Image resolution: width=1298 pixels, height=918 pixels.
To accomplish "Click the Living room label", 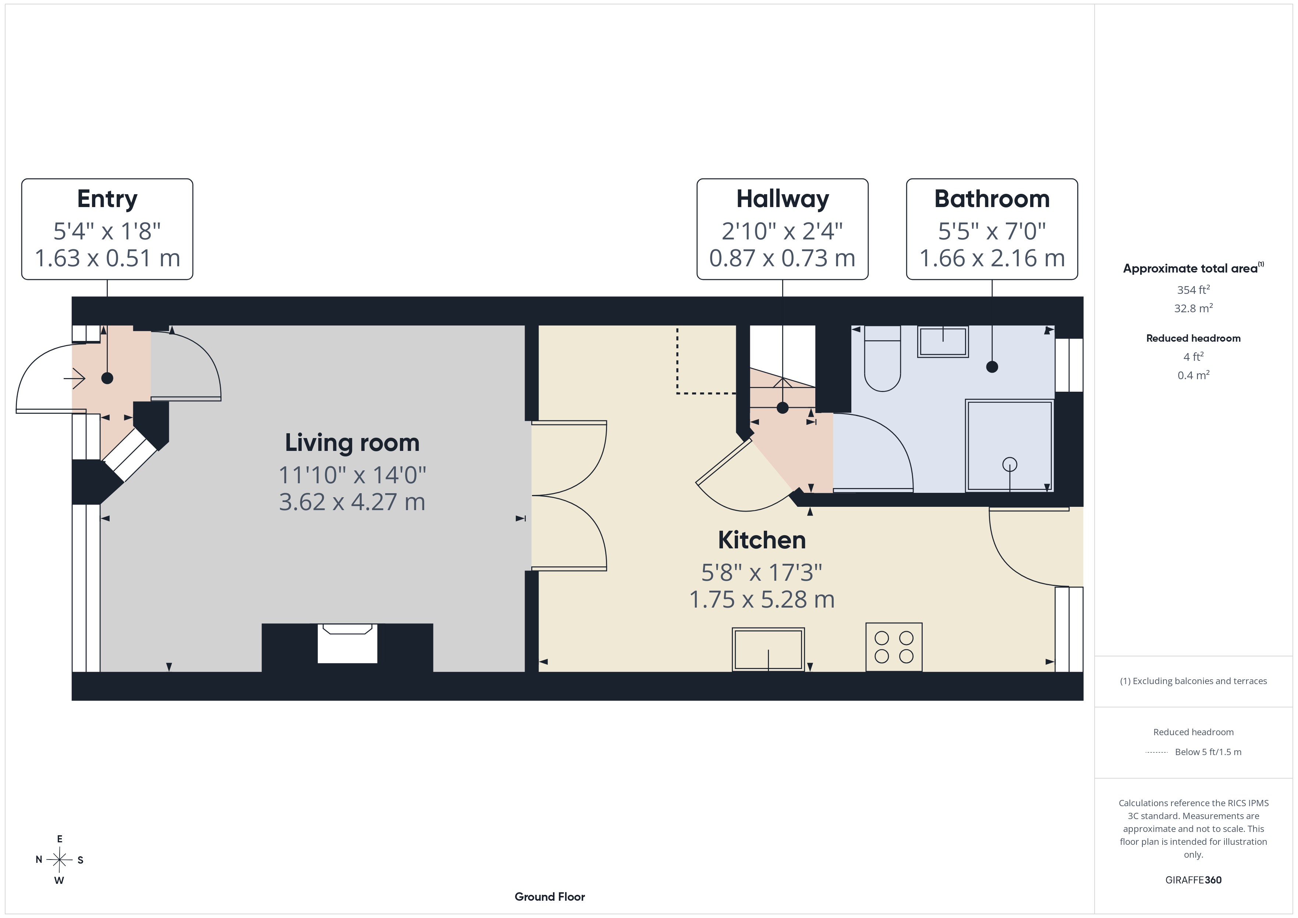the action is tap(352, 442).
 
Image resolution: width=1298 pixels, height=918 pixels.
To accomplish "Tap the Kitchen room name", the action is tap(762, 540).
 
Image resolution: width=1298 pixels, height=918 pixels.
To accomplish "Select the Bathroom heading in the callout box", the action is tap(992, 199).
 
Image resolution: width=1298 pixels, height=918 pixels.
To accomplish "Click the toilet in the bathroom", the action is tap(883, 358).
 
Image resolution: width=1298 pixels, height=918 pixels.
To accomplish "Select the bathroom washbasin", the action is tap(942, 341).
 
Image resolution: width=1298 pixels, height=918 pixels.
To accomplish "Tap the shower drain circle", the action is tap(1010, 465).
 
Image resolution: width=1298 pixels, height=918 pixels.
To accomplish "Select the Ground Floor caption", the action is tap(550, 897).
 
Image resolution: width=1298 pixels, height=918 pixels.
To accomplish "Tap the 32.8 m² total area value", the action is tap(1194, 308).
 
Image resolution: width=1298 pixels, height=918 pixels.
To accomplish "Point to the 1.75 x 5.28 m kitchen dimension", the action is tap(762, 599).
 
